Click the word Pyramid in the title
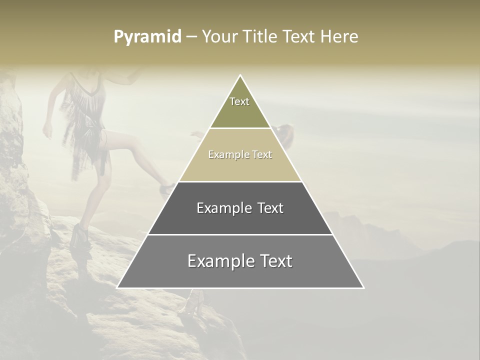(x=147, y=37)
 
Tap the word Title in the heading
(x=261, y=37)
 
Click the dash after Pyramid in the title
(x=191, y=37)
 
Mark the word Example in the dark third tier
(x=222, y=208)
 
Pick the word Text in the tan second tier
(x=262, y=154)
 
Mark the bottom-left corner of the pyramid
(x=117, y=287)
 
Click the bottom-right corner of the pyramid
(x=363, y=287)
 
